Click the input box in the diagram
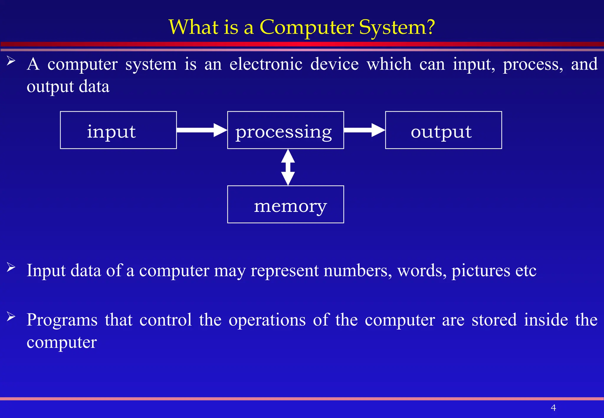(x=118, y=130)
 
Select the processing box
(x=285, y=130)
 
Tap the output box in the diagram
(x=443, y=130)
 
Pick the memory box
(x=285, y=204)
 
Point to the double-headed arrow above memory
(x=288, y=167)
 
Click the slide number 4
(x=553, y=408)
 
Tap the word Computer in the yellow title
(x=306, y=27)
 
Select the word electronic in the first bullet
(x=266, y=64)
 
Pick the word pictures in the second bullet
(x=480, y=270)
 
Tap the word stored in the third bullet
(x=494, y=320)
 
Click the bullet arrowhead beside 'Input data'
(x=11, y=267)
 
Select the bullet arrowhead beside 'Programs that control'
(x=11, y=317)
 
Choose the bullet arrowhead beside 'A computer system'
(x=11, y=61)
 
